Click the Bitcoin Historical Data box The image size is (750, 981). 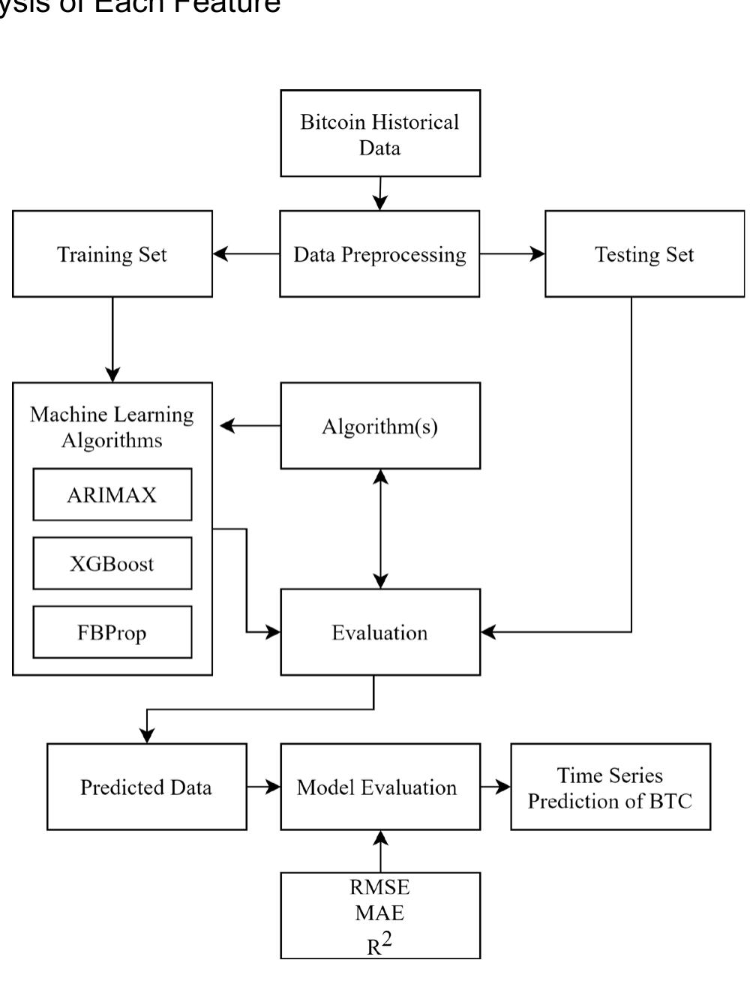click(x=380, y=133)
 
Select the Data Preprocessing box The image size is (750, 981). click(x=379, y=254)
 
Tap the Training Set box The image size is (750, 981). click(x=112, y=254)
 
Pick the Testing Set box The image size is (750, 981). click(x=644, y=254)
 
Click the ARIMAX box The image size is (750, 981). click(x=112, y=495)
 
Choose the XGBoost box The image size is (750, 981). click(x=112, y=563)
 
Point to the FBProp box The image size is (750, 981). click(x=112, y=632)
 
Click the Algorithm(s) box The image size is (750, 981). click(x=380, y=426)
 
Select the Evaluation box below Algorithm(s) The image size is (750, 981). click(x=380, y=632)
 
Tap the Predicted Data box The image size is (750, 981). click(x=146, y=787)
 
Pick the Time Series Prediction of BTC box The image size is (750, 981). click(x=610, y=787)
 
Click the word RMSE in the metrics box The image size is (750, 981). click(x=380, y=887)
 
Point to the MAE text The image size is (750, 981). click(x=380, y=913)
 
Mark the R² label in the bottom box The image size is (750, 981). click(x=380, y=943)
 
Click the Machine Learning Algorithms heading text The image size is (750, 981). click(x=112, y=427)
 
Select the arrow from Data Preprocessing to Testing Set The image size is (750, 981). click(x=512, y=254)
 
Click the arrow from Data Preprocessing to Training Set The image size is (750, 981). click(x=246, y=254)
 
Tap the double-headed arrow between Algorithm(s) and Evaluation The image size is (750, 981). click(x=381, y=529)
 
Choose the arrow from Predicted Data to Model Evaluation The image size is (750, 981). click(x=263, y=787)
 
